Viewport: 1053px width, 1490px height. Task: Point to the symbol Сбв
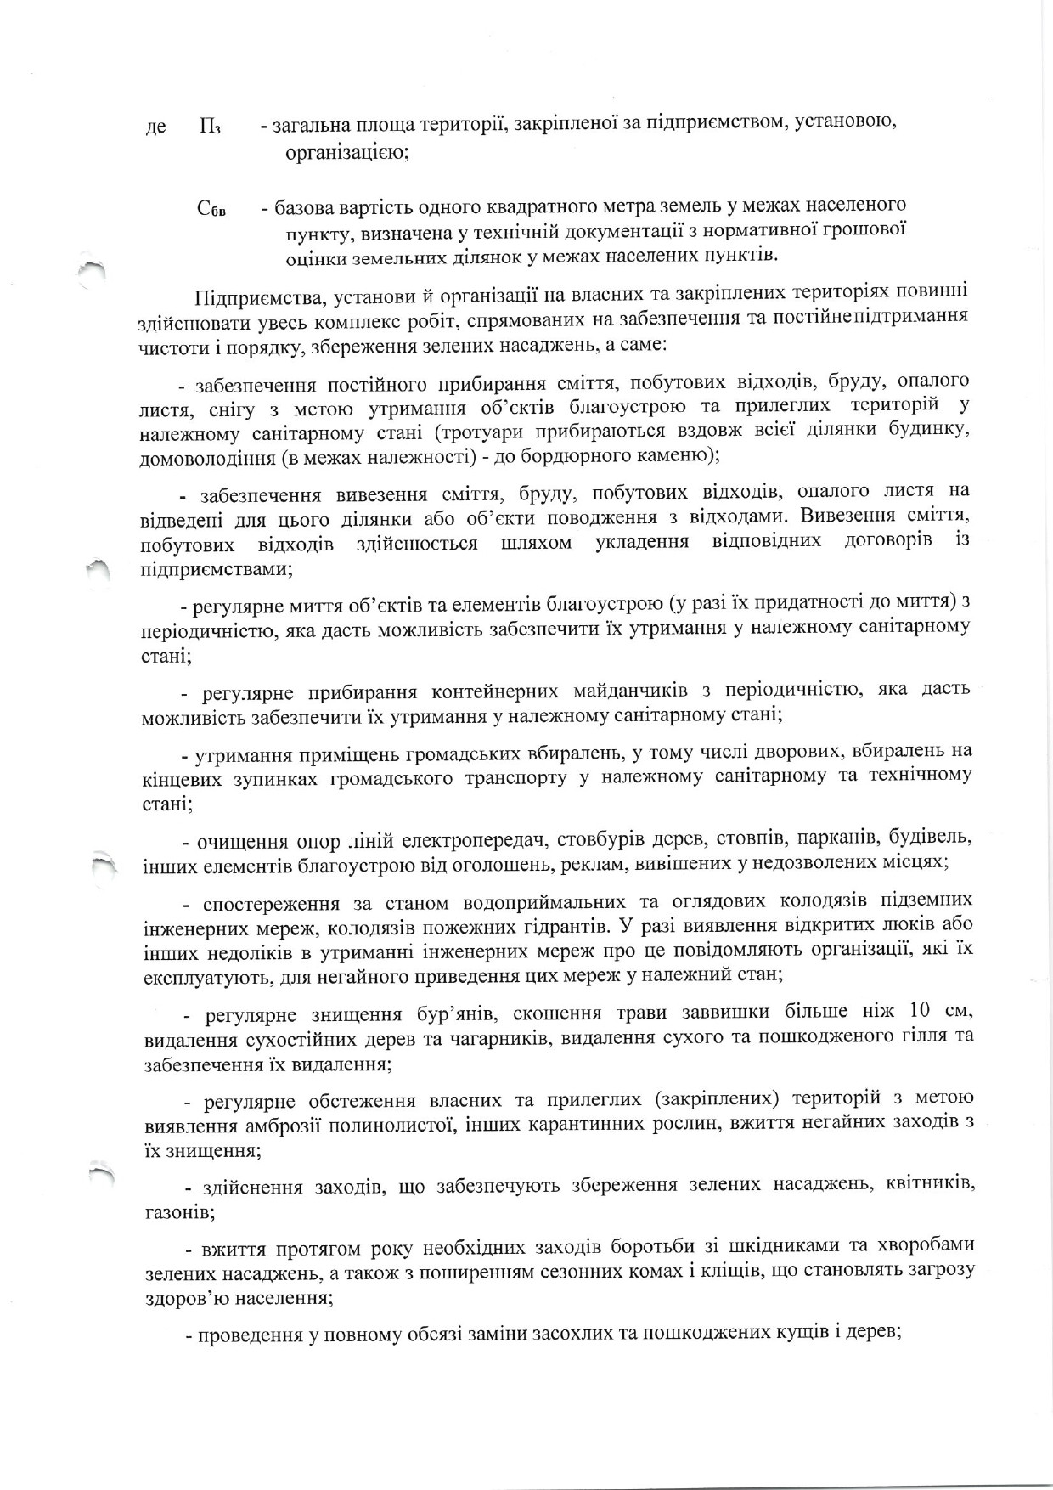[211, 210]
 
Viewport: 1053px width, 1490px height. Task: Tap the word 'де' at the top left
[155, 127]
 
